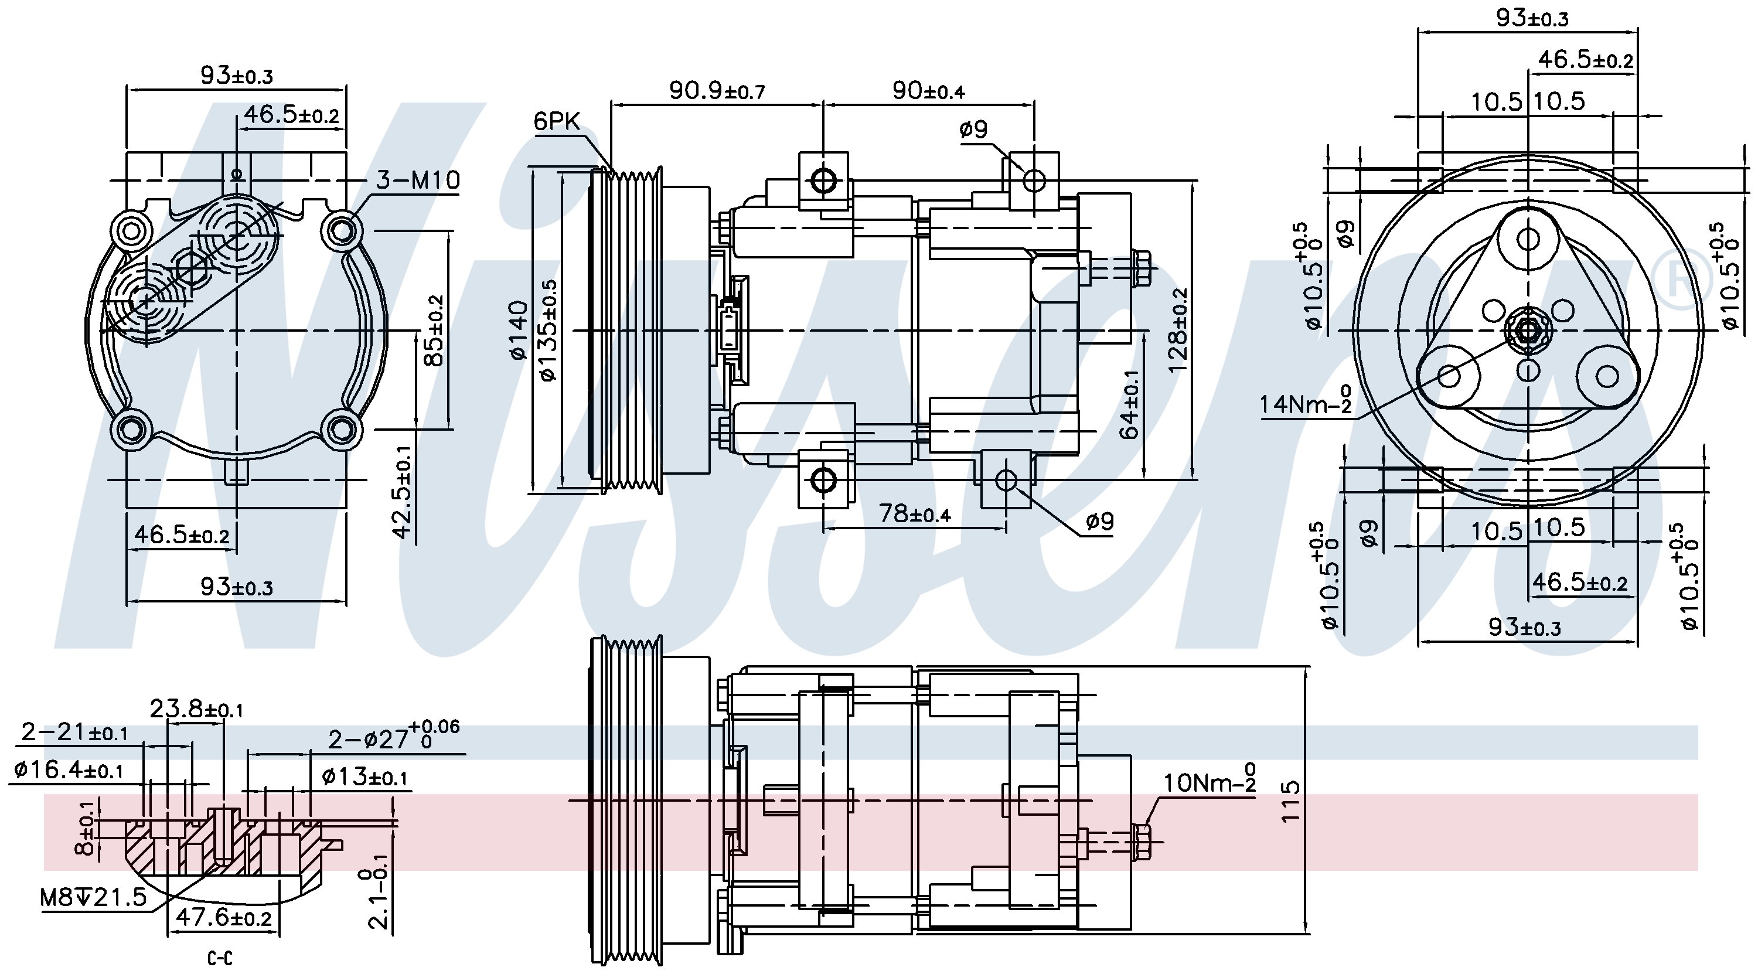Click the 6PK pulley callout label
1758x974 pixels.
556,121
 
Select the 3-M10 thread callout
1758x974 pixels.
418,179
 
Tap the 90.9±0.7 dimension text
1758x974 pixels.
717,90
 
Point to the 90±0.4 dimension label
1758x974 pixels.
929,90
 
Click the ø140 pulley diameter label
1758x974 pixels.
519,330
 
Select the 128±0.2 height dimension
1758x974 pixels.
1178,330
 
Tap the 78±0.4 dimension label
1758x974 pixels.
915,513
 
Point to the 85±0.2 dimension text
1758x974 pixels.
434,330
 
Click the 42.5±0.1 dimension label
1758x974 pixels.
404,492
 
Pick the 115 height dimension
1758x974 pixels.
1290,801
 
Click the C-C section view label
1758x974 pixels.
220,958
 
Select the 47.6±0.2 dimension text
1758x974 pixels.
224,917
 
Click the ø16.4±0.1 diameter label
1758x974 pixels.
68,770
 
